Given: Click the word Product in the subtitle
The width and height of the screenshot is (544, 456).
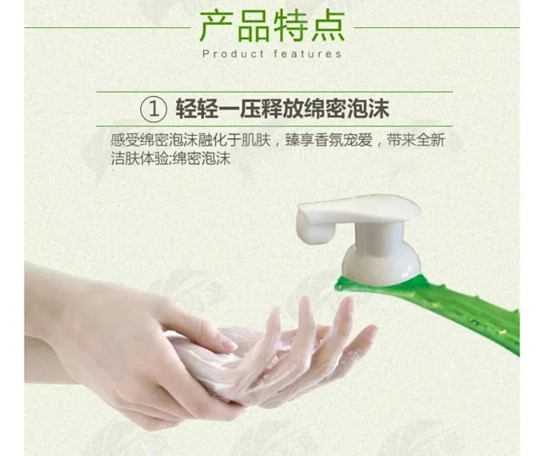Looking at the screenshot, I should pos(229,53).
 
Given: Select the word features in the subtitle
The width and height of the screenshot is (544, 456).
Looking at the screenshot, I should pos(306,53).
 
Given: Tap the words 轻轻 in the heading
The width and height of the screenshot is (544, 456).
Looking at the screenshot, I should pos(195,110).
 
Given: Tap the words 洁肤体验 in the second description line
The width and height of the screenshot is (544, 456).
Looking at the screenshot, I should pos(144,158).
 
